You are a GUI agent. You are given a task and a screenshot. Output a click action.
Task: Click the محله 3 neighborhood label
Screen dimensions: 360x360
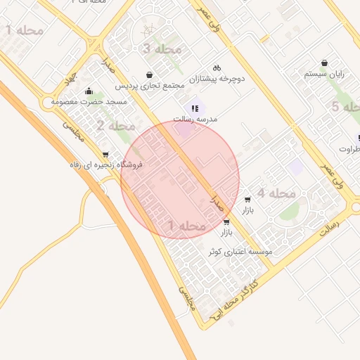click(162, 49)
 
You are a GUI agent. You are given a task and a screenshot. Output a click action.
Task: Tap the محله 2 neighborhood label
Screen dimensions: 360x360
click(116, 127)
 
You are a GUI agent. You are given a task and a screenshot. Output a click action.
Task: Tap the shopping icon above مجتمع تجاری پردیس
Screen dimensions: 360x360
click(149, 75)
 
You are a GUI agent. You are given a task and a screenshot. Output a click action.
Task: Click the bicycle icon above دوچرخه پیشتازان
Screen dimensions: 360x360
click(217, 68)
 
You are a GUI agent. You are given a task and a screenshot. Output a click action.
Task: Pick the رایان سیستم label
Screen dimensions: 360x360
click(324, 74)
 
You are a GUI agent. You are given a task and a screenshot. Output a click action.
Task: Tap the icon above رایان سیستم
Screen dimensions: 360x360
click(324, 63)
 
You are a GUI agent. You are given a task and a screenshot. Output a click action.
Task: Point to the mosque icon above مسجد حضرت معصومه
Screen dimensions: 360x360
click(89, 91)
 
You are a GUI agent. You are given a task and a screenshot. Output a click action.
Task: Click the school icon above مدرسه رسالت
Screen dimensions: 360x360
click(195, 108)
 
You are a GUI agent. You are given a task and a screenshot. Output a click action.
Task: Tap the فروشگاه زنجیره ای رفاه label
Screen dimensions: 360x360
click(105, 165)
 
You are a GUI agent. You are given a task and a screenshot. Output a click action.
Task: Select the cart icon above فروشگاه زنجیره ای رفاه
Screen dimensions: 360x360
click(105, 155)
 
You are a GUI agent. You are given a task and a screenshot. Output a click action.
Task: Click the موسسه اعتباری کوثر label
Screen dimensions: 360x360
click(240, 251)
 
